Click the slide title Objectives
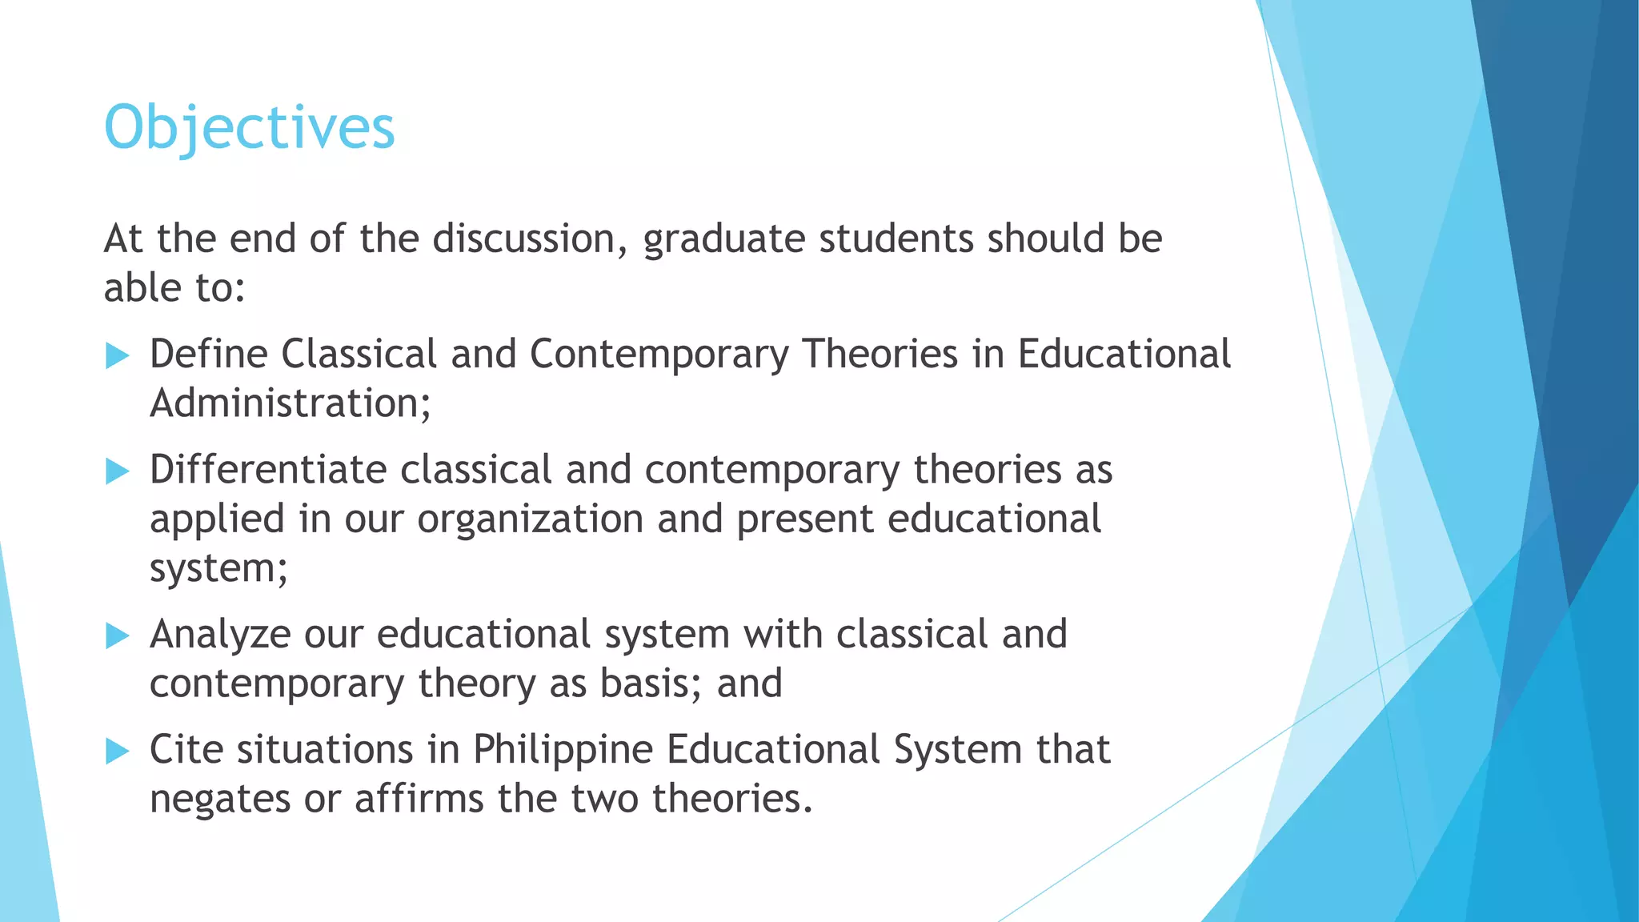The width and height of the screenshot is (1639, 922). click(250, 128)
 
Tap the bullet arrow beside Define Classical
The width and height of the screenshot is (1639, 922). click(117, 355)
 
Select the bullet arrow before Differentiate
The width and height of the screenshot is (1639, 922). click(117, 471)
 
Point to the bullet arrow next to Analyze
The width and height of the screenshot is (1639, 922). click(117, 636)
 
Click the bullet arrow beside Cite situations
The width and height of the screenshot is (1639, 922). click(117, 751)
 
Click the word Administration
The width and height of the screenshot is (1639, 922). click(290, 403)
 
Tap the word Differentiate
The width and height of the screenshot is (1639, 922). click(267, 471)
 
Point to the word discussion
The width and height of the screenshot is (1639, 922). click(530, 239)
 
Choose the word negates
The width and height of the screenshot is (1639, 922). click(219, 800)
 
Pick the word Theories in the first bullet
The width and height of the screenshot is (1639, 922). click(880, 355)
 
